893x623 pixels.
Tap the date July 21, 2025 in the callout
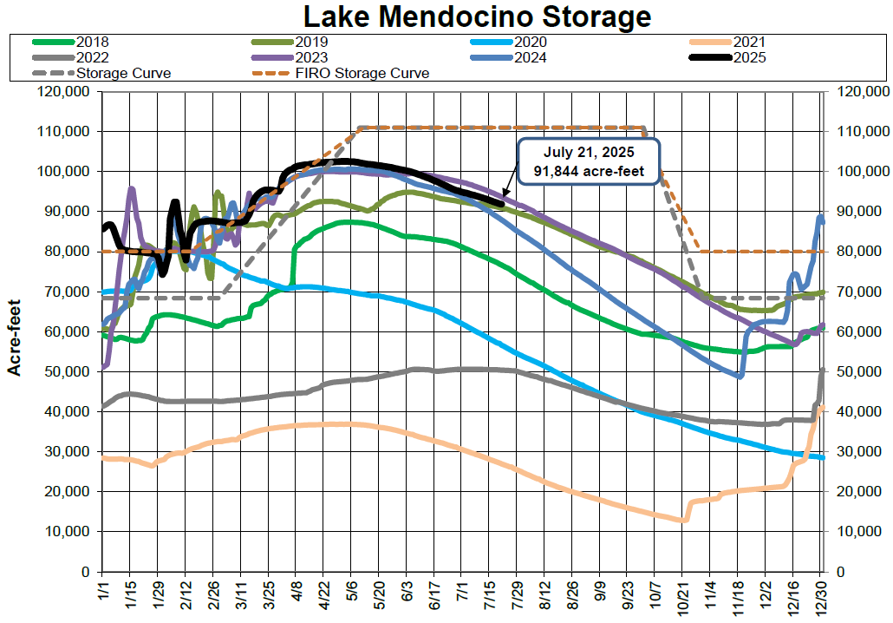[588, 152]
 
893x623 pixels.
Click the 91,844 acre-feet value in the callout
[588, 170]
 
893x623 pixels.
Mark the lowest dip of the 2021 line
[683, 521]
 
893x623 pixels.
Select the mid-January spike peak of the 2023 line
[132, 188]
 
